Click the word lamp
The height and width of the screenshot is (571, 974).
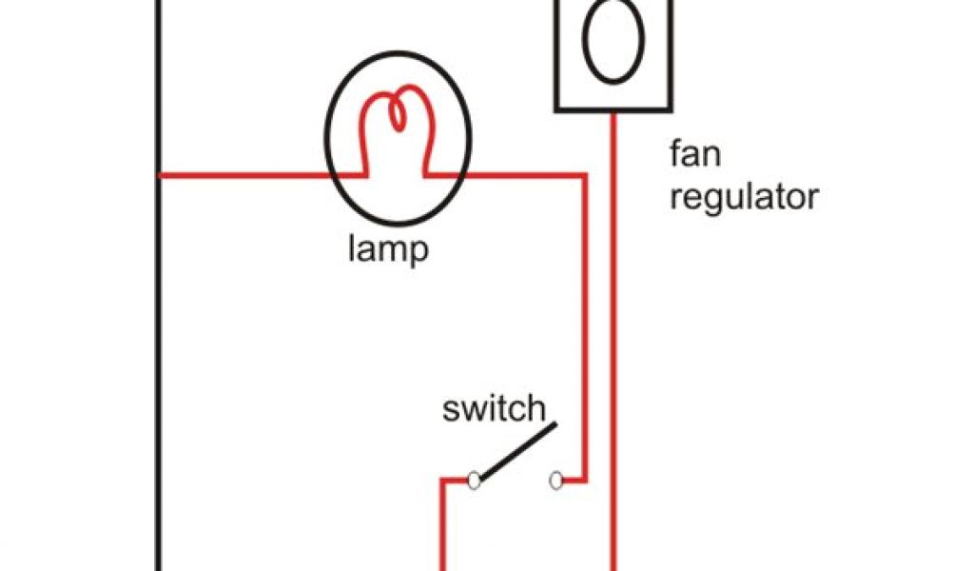click(x=386, y=251)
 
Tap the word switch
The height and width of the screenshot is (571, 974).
click(x=494, y=410)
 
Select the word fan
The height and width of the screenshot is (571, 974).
click(x=694, y=154)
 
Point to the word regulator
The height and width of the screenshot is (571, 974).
click(x=744, y=198)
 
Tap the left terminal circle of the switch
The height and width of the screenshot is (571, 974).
click(x=474, y=482)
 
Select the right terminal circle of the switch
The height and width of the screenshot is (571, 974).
click(x=556, y=482)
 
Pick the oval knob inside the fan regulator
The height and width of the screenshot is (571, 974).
click(x=609, y=42)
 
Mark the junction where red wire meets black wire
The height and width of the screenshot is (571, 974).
click(x=159, y=175)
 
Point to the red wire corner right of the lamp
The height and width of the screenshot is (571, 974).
click(x=583, y=175)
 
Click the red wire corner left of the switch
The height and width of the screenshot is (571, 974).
click(x=442, y=482)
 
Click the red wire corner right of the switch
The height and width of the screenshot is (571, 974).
click(x=583, y=481)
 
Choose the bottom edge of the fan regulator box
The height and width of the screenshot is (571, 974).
click(x=609, y=109)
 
